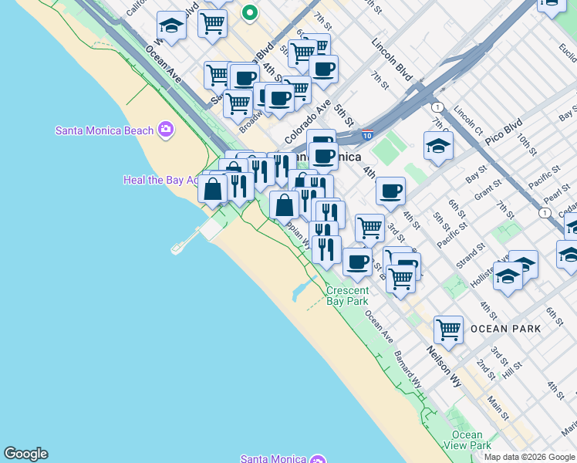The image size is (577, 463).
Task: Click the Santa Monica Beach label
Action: click(104, 130)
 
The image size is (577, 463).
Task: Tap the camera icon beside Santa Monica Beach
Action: click(165, 130)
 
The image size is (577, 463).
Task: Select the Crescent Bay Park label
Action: click(346, 296)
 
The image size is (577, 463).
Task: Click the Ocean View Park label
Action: click(467, 440)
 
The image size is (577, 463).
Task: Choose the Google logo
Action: click(25, 454)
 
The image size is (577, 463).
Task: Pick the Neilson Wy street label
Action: click(444, 366)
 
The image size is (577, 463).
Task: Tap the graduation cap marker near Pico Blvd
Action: click(438, 146)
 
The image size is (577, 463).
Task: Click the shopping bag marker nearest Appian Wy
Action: click(284, 205)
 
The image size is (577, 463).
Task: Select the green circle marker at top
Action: click(250, 12)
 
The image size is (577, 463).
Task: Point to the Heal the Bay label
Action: click(159, 180)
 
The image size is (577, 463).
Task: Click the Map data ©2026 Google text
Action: click(529, 456)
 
